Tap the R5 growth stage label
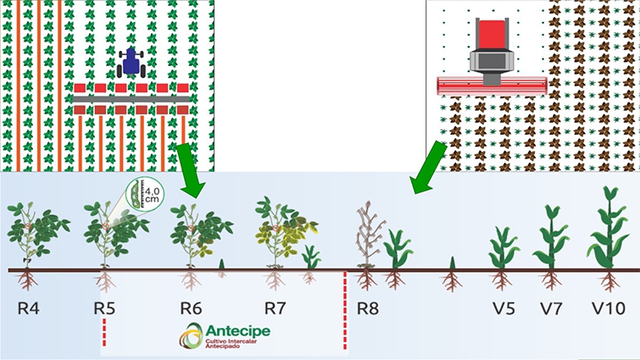tap(104, 306)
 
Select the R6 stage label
tap(191, 306)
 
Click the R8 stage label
tap(367, 306)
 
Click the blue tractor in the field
tap(133, 61)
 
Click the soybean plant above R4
tap(35, 233)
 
